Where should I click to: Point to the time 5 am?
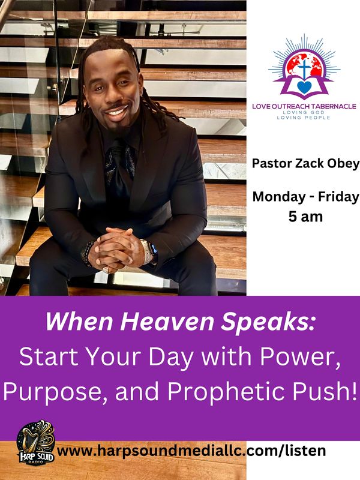click(305, 217)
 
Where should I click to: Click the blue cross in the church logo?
click(304, 68)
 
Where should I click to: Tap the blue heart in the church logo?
click(304, 87)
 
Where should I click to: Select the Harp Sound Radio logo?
click(36, 442)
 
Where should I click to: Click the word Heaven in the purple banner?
click(169, 322)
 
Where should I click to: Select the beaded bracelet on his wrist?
click(86, 253)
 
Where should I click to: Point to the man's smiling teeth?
click(117, 111)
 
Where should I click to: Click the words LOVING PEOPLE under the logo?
click(304, 118)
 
